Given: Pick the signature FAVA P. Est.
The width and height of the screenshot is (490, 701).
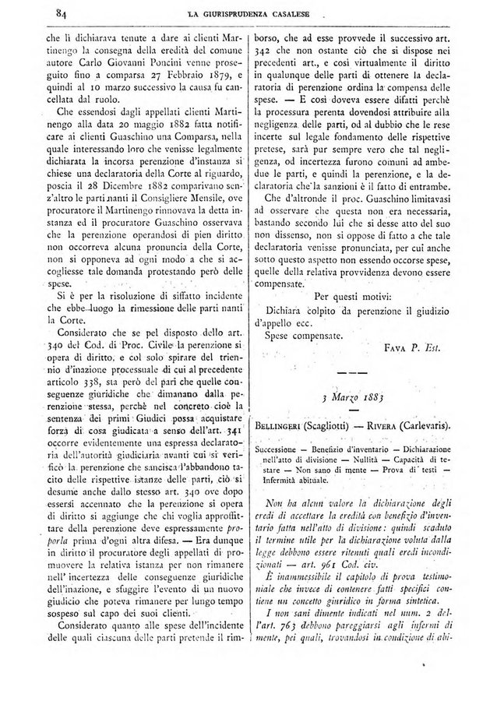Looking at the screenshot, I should (x=413, y=349).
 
